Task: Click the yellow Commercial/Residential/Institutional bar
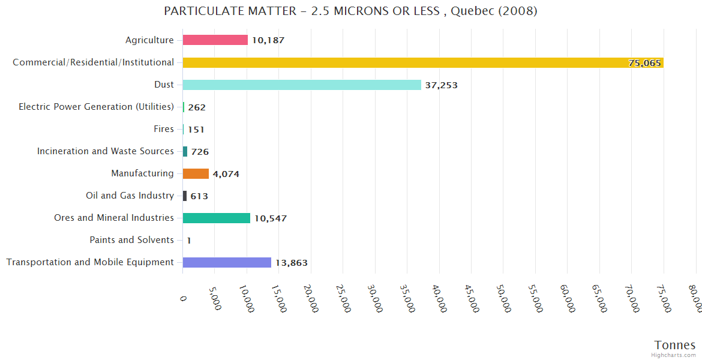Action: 420,62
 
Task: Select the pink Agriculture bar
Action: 215,40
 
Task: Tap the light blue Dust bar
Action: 302,85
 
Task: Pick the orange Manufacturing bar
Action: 196,173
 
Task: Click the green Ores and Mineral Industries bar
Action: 216,218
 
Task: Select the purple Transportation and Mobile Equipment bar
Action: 227,262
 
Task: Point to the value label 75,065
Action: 644,63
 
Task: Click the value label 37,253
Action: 441,85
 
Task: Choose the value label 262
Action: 197,107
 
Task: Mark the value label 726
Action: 200,152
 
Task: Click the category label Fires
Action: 164,129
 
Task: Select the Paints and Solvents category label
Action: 131,240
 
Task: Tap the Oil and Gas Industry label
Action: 130,196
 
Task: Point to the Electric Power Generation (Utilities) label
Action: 96,107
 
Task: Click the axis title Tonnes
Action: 674,345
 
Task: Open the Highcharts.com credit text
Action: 674,355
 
